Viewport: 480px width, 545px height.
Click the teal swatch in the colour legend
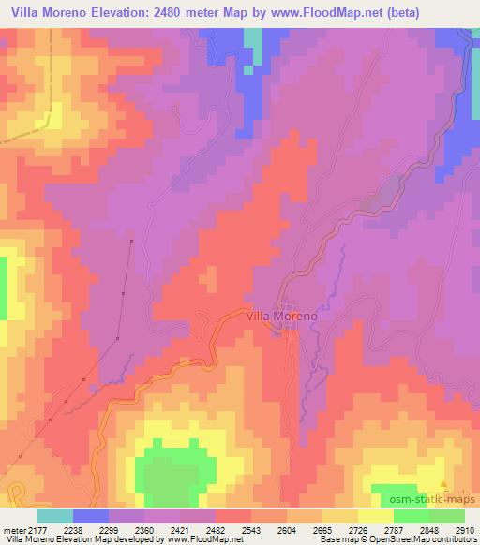coord(55,516)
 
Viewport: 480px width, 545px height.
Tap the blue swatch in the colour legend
coord(91,516)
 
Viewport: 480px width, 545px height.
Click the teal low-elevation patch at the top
coord(252,47)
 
